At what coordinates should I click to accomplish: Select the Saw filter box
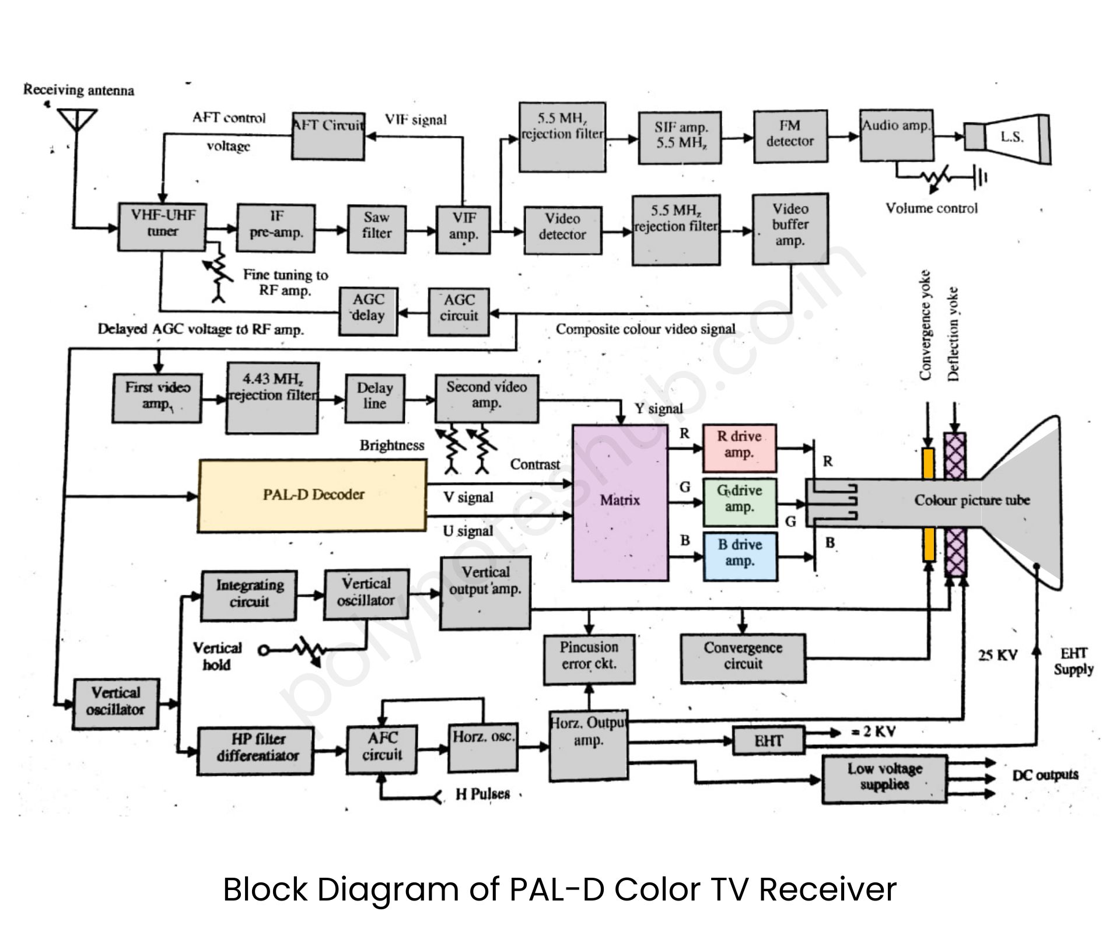coord(376,228)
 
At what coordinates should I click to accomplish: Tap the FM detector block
coord(790,136)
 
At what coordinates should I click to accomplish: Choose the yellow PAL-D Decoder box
coord(313,495)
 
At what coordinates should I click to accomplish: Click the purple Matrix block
coord(620,501)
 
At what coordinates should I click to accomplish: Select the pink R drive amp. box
coord(739,447)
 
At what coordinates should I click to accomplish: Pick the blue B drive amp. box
coord(740,556)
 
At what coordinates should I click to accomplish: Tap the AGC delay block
coord(368,311)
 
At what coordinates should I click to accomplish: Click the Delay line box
coord(374,398)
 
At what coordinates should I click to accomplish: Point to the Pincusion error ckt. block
coord(589,658)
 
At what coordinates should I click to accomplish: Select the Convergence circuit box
coord(743,658)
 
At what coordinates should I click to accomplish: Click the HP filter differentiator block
coord(256,749)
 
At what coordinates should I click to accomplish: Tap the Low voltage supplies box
coord(884,779)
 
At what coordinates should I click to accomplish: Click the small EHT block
coord(768,741)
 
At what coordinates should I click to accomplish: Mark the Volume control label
coord(931,208)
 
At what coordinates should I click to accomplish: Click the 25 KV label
coord(998,655)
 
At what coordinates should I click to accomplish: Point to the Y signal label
coord(659,409)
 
